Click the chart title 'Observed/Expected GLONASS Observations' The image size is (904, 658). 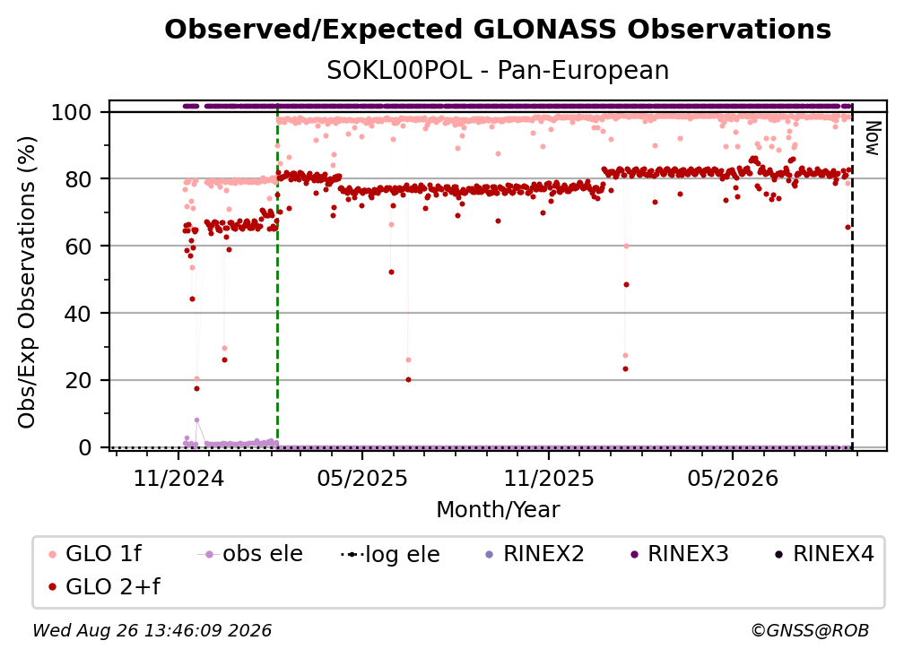pyautogui.click(x=498, y=30)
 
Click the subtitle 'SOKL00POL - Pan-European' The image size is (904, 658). pyautogui.click(x=498, y=71)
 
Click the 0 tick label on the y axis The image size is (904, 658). pyautogui.click(x=85, y=447)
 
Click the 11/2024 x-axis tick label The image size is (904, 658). pyautogui.click(x=178, y=478)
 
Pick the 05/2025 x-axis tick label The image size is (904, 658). pyautogui.click(x=362, y=478)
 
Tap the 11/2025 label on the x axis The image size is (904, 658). pyautogui.click(x=549, y=478)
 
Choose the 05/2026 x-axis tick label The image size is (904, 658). pyautogui.click(x=733, y=478)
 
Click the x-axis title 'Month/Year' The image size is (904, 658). pyautogui.click(x=498, y=510)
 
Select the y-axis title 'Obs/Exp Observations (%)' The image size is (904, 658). pyautogui.click(x=27, y=282)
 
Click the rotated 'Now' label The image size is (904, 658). pyautogui.click(x=873, y=138)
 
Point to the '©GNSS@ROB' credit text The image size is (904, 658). pyautogui.click(x=810, y=630)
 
